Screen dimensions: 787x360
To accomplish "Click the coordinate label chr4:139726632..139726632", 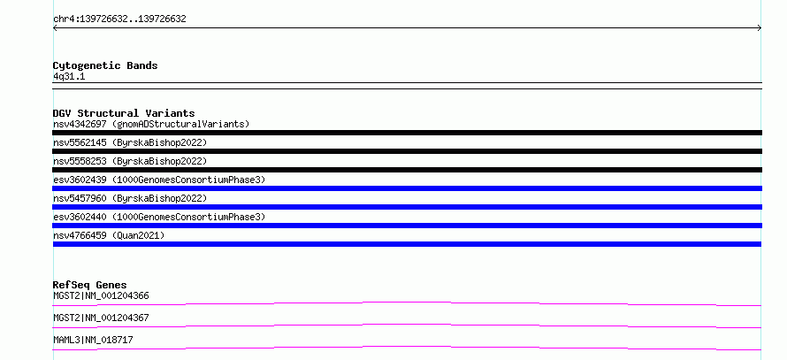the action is tap(119, 19).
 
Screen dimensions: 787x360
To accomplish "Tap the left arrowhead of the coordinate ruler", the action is tap(54, 28).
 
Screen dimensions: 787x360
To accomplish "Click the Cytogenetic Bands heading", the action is tap(105, 65).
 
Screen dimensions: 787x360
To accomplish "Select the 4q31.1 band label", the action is tap(69, 77).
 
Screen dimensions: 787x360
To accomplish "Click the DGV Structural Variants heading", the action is tap(124, 113).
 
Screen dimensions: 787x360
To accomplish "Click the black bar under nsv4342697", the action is tap(407, 133).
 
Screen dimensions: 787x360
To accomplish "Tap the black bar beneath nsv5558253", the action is tap(407, 170).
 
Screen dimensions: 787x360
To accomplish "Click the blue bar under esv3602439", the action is tap(407, 188).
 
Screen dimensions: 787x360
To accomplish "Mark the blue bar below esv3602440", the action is tap(407, 226).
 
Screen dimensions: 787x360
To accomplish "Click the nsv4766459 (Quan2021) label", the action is tap(109, 235).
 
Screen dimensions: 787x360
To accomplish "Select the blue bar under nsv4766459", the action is tap(407, 244).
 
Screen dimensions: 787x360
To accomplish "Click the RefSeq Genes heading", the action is tap(90, 285).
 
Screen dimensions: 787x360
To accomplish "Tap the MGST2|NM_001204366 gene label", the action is tap(101, 295).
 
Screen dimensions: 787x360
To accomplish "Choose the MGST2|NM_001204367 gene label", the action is tap(101, 318).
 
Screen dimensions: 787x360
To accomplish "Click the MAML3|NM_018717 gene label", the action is tap(93, 340).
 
